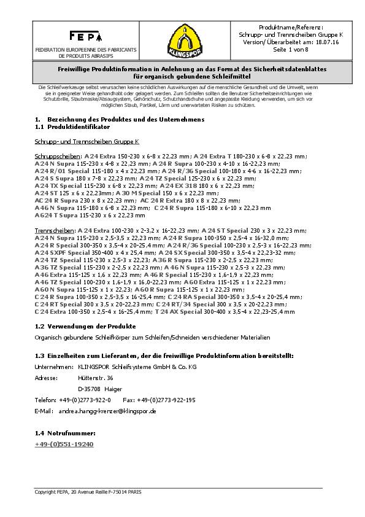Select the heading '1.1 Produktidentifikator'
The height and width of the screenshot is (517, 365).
(x=72, y=126)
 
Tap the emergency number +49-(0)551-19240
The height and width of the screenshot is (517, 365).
(x=64, y=443)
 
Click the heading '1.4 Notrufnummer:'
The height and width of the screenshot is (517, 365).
(x=66, y=432)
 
